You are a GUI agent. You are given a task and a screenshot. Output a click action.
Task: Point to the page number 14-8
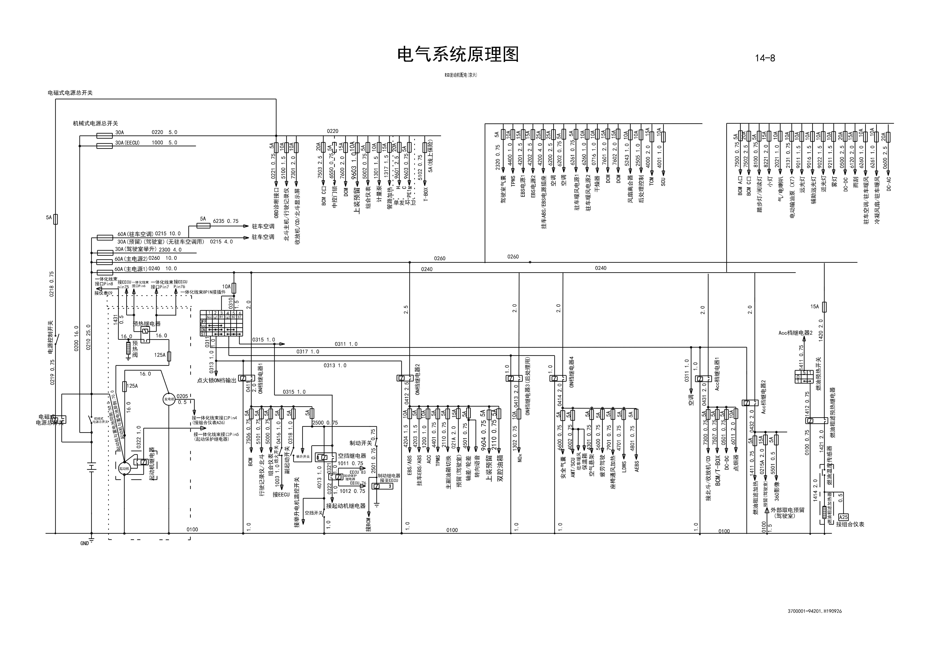(x=765, y=58)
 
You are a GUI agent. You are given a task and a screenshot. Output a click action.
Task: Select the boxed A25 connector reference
(x=843, y=517)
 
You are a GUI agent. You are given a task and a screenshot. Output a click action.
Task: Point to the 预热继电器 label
(x=146, y=324)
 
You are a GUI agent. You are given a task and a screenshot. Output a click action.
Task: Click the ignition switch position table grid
(x=221, y=324)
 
